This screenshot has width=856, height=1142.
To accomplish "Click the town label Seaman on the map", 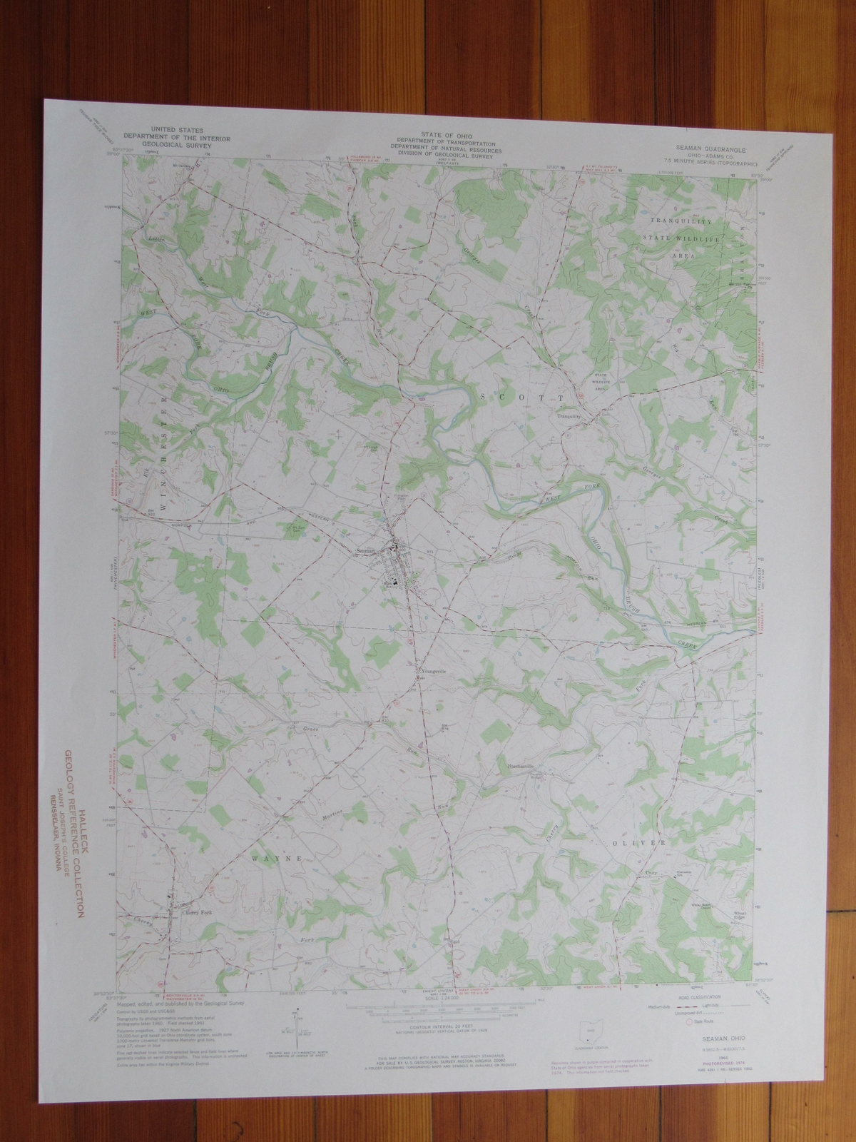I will tap(365, 550).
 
